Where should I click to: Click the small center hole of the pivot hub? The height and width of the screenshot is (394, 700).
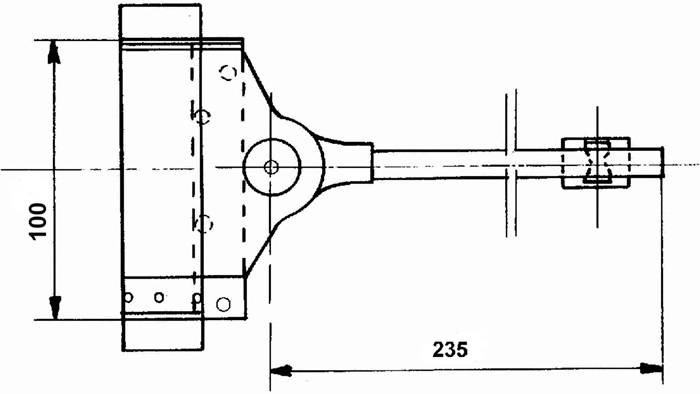[271, 166]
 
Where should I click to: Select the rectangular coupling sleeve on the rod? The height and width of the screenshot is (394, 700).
[596, 163]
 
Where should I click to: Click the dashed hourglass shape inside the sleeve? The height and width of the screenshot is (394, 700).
[598, 163]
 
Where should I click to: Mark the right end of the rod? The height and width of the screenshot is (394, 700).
[661, 163]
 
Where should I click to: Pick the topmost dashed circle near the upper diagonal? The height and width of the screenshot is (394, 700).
[229, 72]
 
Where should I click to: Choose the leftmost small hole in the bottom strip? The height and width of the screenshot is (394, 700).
[128, 296]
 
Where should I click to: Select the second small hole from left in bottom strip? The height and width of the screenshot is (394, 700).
[158, 296]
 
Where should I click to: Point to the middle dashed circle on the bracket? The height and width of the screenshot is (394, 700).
[202, 116]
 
